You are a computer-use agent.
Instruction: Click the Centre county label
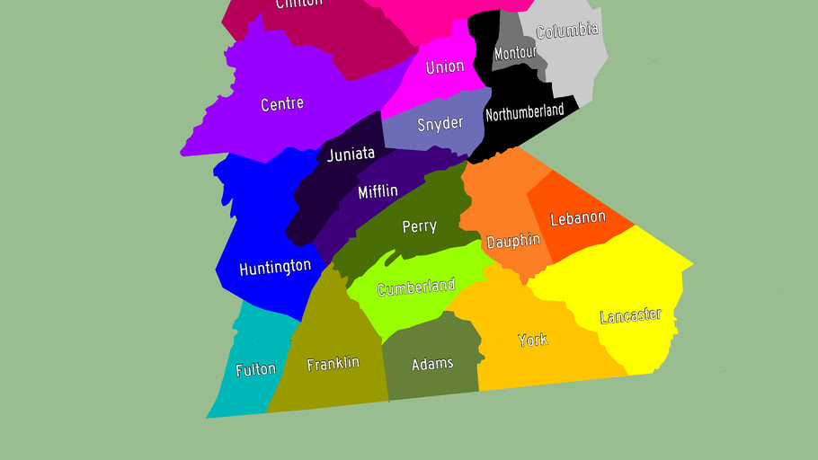pyautogui.click(x=282, y=104)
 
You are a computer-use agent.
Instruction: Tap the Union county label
pyautogui.click(x=445, y=66)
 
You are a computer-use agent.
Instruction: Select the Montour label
pyautogui.click(x=515, y=53)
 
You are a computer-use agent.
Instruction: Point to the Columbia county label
pyautogui.click(x=566, y=31)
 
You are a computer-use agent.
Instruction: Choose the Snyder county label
pyautogui.click(x=440, y=124)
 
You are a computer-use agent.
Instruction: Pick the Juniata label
pyautogui.click(x=351, y=155)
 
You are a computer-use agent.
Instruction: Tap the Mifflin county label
pyautogui.click(x=378, y=191)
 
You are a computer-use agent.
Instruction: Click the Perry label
pyautogui.click(x=419, y=226)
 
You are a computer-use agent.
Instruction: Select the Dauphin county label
pyautogui.click(x=513, y=241)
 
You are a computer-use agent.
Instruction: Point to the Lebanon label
pyautogui.click(x=578, y=218)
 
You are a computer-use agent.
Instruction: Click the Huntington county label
pyautogui.click(x=275, y=268)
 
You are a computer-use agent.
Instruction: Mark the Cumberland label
pyautogui.click(x=416, y=287)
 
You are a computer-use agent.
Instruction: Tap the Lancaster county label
pyautogui.click(x=630, y=316)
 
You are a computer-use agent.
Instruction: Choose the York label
pyautogui.click(x=532, y=340)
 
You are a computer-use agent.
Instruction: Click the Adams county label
pyautogui.click(x=432, y=364)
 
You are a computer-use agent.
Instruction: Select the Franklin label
pyautogui.click(x=333, y=364)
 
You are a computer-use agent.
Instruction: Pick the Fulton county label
pyautogui.click(x=255, y=369)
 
